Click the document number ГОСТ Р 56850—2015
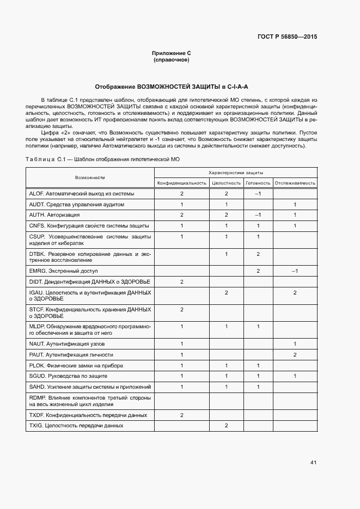click(x=286, y=36)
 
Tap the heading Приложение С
click(x=172, y=53)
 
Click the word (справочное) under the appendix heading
click(x=172, y=59)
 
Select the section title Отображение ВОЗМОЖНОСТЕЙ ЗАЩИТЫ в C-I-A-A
click(x=172, y=87)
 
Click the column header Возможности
click(x=90, y=177)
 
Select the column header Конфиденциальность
click(x=182, y=183)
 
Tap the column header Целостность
click(x=226, y=183)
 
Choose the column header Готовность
click(x=258, y=183)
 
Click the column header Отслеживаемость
click(x=295, y=183)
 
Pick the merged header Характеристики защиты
click(x=235, y=172)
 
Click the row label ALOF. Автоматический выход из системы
click(x=81, y=194)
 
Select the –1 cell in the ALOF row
click(x=258, y=194)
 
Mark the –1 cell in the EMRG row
click(x=295, y=271)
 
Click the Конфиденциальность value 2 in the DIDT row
click(x=182, y=281)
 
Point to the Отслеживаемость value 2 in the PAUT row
click(x=295, y=355)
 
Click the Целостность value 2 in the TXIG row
click(x=226, y=425)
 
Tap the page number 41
click(x=313, y=463)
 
